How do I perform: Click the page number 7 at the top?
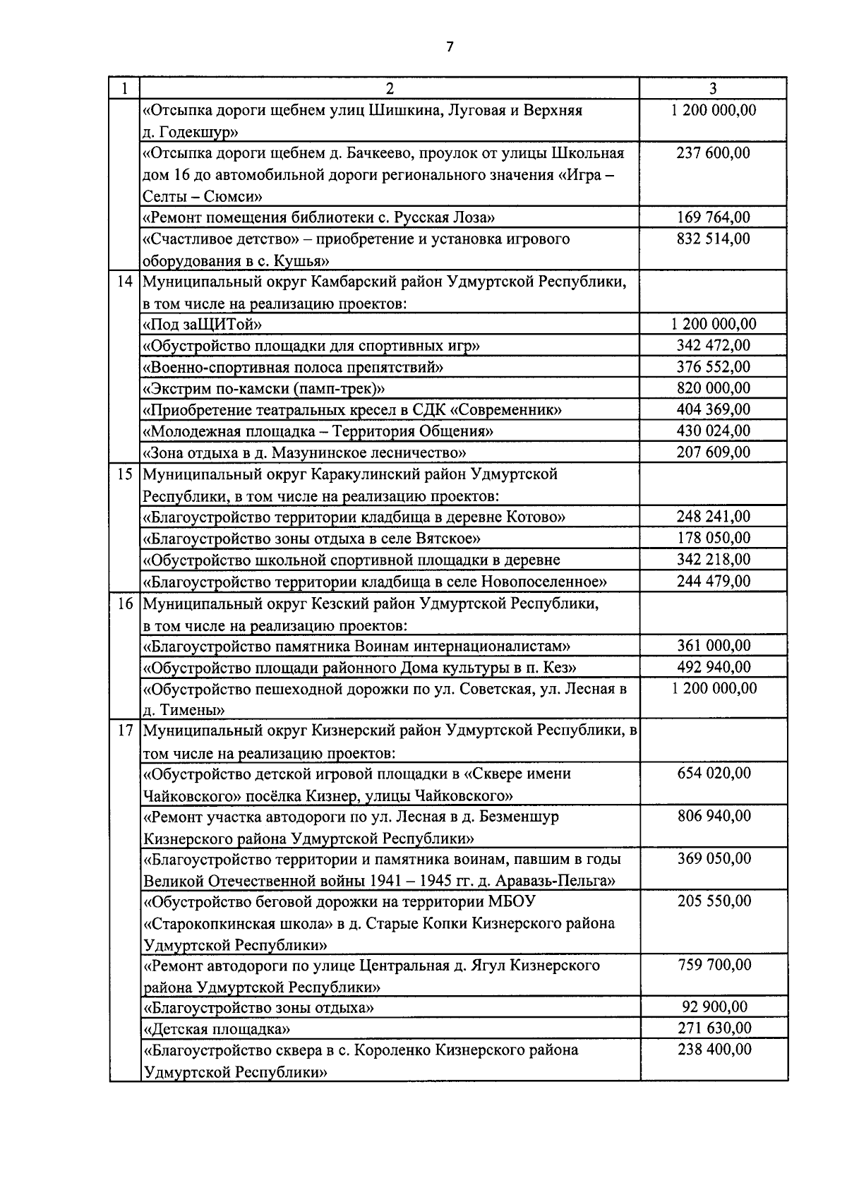pos(450,47)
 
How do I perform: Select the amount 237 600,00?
pos(713,153)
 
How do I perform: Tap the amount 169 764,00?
pos(713,217)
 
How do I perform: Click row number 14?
pos(125,282)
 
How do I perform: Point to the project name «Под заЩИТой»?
pos(203,325)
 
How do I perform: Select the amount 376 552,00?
pos(713,367)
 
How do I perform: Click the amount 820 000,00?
pos(713,388)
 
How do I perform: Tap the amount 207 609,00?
pos(713,452)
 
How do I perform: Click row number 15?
pos(125,474)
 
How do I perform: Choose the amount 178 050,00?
pos(713,539)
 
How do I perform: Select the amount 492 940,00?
pos(713,667)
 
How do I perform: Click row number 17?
pos(125,731)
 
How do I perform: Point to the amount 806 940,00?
pos(713,817)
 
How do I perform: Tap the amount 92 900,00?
pos(714,1007)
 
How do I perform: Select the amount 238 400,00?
pos(713,1050)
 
